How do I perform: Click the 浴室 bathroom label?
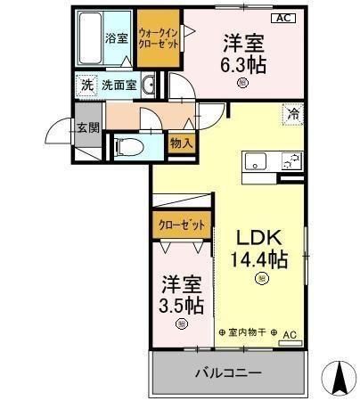tap(117, 38)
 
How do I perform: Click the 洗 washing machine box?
tap(86, 86)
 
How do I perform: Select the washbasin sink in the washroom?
tap(149, 86)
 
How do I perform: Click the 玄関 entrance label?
tap(86, 129)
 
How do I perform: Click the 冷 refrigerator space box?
tap(292, 112)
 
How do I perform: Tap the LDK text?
tap(260, 237)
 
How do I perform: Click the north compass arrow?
tap(339, 376)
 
